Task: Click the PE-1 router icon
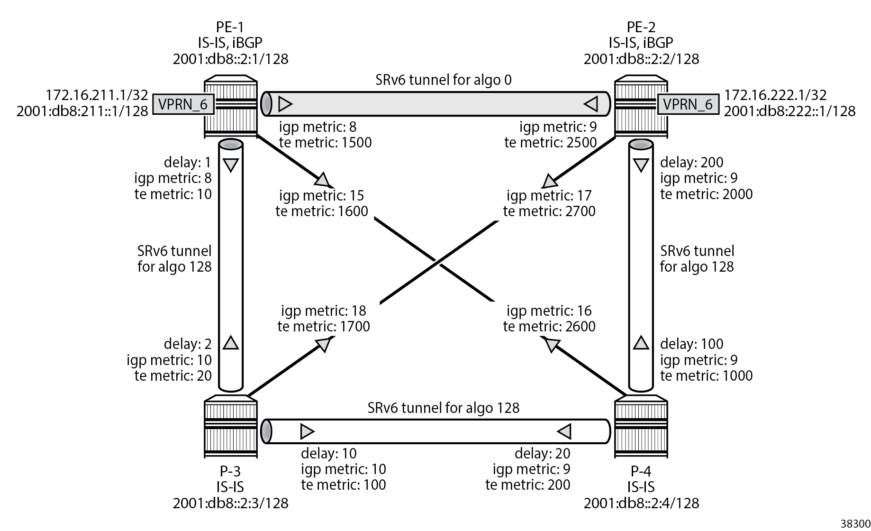(231, 107)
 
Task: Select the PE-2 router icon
(641, 107)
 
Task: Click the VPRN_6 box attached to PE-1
(183, 104)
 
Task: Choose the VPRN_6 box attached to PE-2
(688, 104)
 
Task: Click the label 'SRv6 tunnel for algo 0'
(443, 80)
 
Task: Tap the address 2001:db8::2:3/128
(230, 503)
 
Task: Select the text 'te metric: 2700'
(549, 211)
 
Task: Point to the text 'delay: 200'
(691, 162)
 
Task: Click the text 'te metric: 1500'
(325, 142)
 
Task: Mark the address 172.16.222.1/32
(775, 95)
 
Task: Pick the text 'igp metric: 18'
(323, 311)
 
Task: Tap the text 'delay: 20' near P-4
(542, 453)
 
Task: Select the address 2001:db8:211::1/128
(82, 111)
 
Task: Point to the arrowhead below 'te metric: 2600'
(552, 345)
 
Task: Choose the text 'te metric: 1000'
(706, 375)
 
